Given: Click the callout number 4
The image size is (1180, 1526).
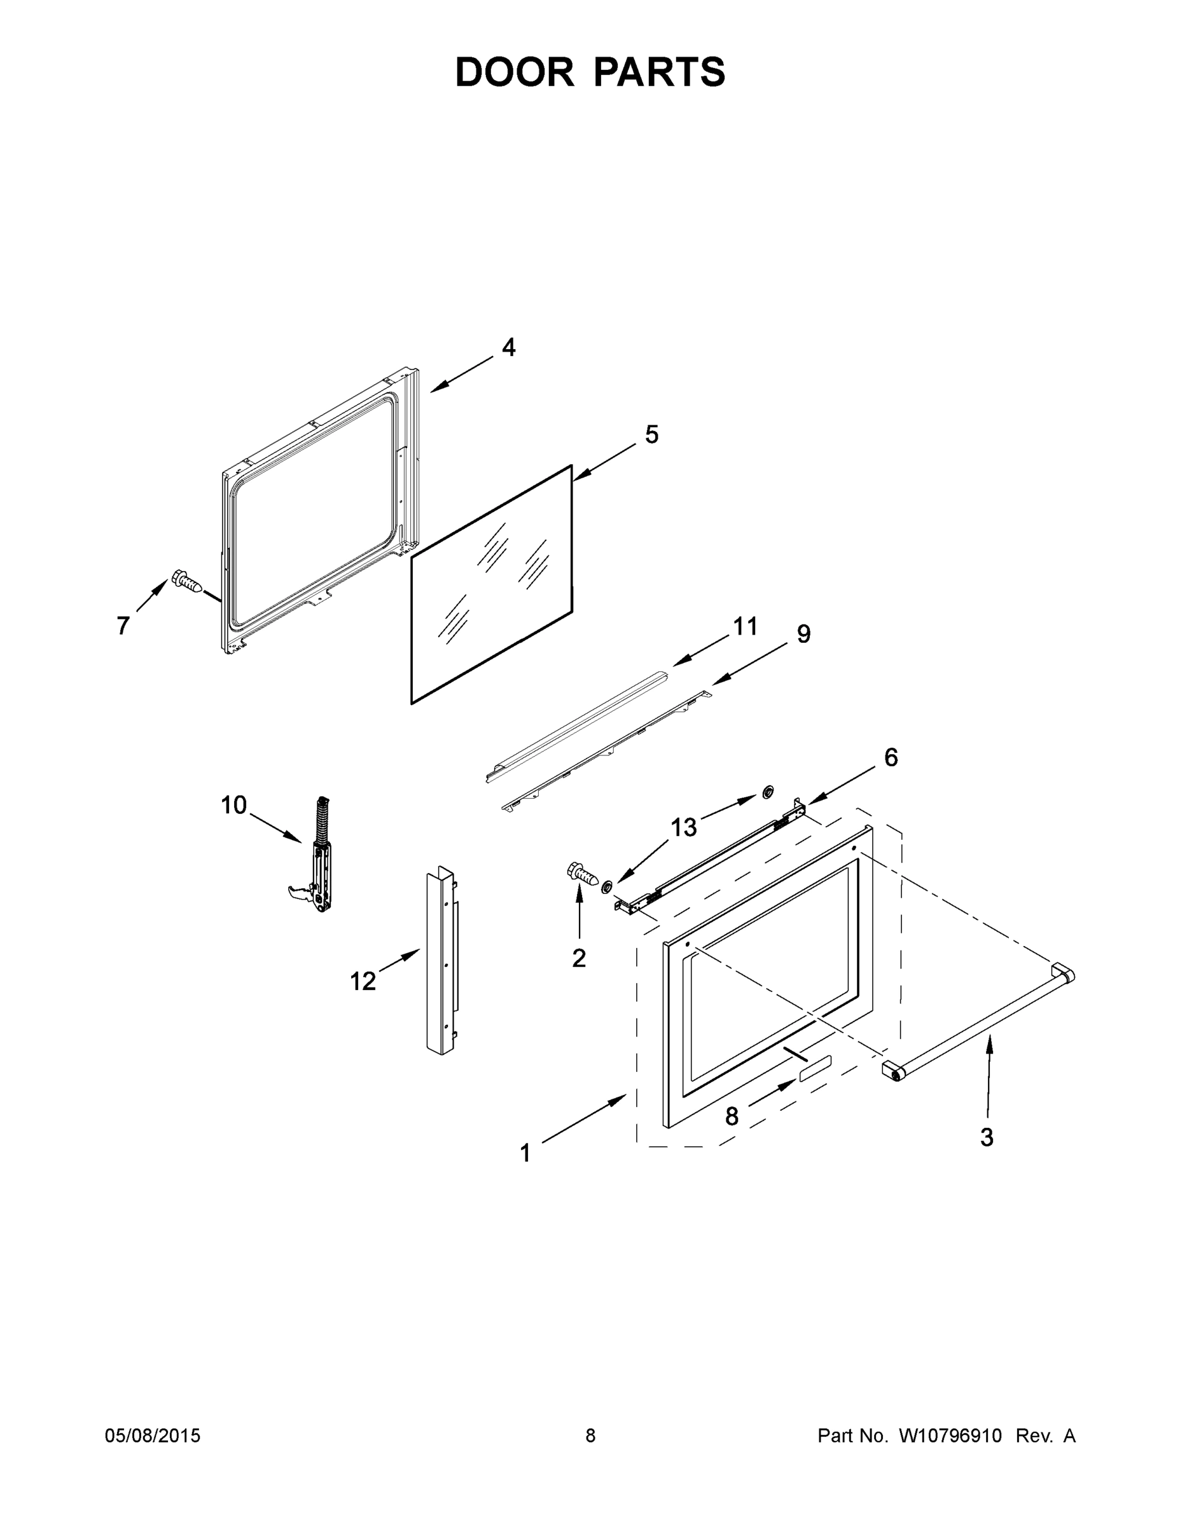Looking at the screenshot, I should (x=509, y=347).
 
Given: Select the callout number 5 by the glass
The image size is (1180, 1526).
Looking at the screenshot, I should (x=651, y=435).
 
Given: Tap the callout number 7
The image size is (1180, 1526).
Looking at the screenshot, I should (x=123, y=626).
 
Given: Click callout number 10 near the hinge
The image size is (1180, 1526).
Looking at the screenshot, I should (x=234, y=805).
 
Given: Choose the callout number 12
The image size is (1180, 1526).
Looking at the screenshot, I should (x=363, y=982).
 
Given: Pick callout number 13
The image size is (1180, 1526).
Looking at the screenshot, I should (x=684, y=828).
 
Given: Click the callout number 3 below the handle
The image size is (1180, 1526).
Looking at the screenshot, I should (x=987, y=1138).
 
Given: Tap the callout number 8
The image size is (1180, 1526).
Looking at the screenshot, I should (x=731, y=1117).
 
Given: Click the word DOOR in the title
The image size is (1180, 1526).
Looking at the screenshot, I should (x=515, y=72).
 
